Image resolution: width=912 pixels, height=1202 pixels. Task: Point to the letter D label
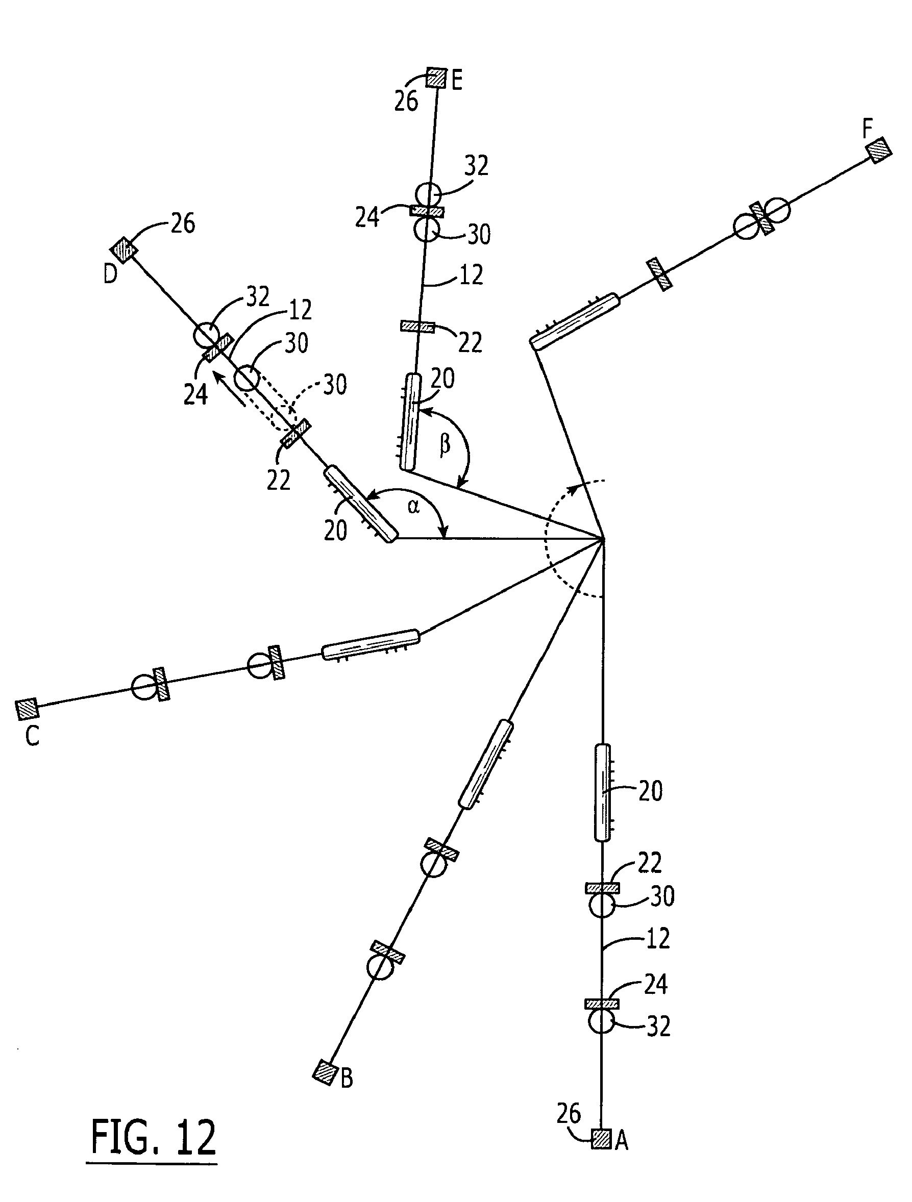tap(110, 275)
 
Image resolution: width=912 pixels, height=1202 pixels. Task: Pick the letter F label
tap(868, 130)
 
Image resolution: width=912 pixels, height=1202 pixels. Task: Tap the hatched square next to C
tap(27, 708)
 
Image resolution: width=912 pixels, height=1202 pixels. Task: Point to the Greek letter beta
tap(445, 444)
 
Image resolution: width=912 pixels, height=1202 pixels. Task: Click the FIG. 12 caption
tap(153, 1137)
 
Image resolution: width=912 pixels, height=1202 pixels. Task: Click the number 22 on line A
tap(650, 863)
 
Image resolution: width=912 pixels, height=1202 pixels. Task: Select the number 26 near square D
tap(183, 224)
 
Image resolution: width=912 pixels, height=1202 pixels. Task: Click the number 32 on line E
tap(476, 166)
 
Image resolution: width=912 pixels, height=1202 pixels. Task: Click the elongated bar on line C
tap(371, 644)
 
